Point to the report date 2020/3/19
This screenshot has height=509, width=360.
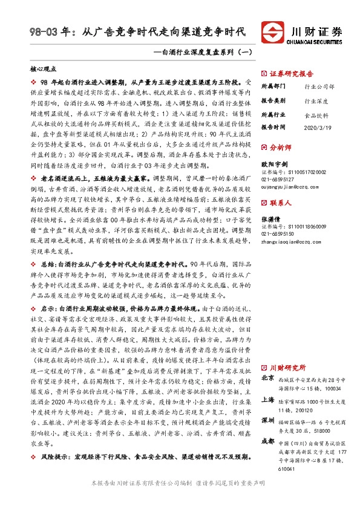[x=319, y=128]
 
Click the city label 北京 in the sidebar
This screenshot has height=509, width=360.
[x=267, y=378]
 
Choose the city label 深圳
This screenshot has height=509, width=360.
[x=267, y=420]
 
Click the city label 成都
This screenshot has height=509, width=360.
[x=267, y=441]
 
